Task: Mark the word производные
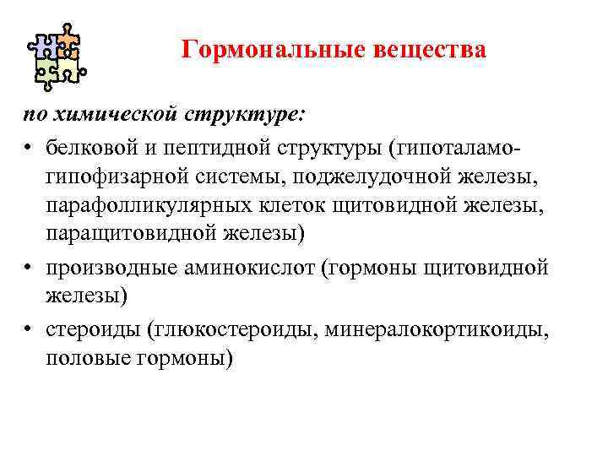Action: pos(103,268)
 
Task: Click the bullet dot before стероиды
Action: pos(28,331)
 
